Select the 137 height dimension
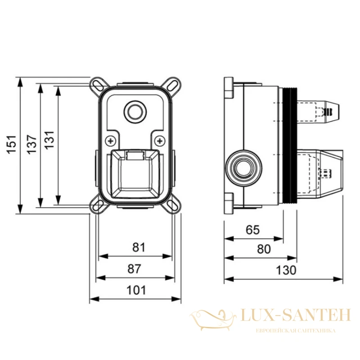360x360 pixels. (x=31, y=144)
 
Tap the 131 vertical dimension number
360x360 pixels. (x=49, y=140)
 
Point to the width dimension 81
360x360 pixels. (x=139, y=247)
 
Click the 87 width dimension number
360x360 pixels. (x=134, y=269)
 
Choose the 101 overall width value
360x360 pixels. (x=136, y=290)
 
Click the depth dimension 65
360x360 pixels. (x=253, y=229)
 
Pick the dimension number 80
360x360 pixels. (x=264, y=249)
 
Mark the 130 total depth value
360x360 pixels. (x=286, y=270)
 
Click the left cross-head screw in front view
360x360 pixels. (x=111, y=141)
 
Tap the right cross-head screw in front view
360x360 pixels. (x=160, y=141)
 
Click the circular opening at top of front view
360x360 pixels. (x=135, y=112)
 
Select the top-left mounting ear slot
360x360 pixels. (x=98, y=85)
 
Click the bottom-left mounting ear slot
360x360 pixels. (x=98, y=205)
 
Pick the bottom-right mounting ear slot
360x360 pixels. (x=172, y=205)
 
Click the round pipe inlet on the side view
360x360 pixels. (x=243, y=167)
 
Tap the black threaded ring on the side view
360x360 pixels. (x=290, y=145)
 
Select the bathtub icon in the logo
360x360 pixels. (x=212, y=320)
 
